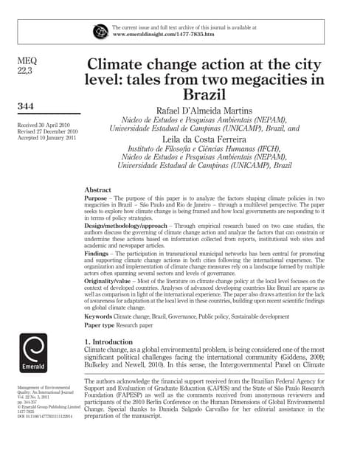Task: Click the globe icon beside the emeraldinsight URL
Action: click(x=100, y=31)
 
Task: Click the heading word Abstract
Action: click(x=100, y=190)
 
